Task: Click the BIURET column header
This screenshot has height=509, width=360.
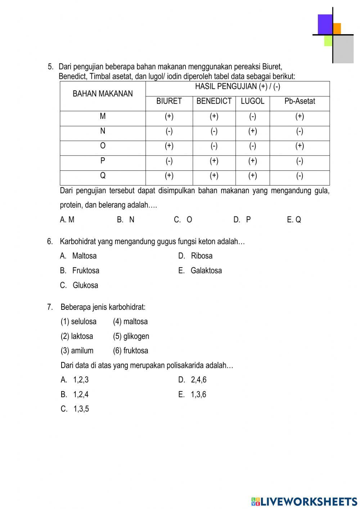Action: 169,101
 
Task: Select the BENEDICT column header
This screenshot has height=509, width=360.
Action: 214,101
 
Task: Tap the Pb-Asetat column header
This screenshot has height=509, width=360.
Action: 300,101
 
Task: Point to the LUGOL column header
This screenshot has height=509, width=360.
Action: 252,101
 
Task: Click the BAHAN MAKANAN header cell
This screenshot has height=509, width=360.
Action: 103,94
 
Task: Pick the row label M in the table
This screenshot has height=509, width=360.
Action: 103,116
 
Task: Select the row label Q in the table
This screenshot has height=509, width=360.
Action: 103,176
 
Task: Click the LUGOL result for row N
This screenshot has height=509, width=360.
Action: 252,131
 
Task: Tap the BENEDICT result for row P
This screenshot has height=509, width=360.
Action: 214,161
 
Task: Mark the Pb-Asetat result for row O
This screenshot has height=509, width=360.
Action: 300,146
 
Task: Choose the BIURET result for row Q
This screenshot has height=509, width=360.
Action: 169,176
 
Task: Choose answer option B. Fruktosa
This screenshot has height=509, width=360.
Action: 80,271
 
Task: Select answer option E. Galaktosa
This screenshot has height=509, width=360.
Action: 200,271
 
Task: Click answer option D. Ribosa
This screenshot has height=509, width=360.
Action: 195,256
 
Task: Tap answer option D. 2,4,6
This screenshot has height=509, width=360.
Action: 193,380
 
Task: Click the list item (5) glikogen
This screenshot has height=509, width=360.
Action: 131,336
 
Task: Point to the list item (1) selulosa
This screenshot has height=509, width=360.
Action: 78,321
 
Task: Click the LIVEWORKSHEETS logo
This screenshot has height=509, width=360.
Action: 304,501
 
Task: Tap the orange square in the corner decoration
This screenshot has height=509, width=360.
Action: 337,28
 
